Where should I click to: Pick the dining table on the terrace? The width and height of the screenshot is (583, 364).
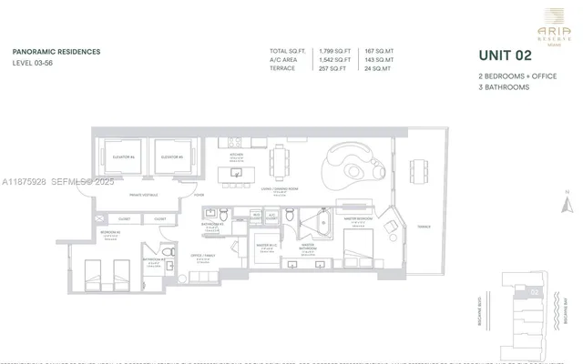[420, 171]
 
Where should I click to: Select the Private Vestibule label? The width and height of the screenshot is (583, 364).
[146, 195]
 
